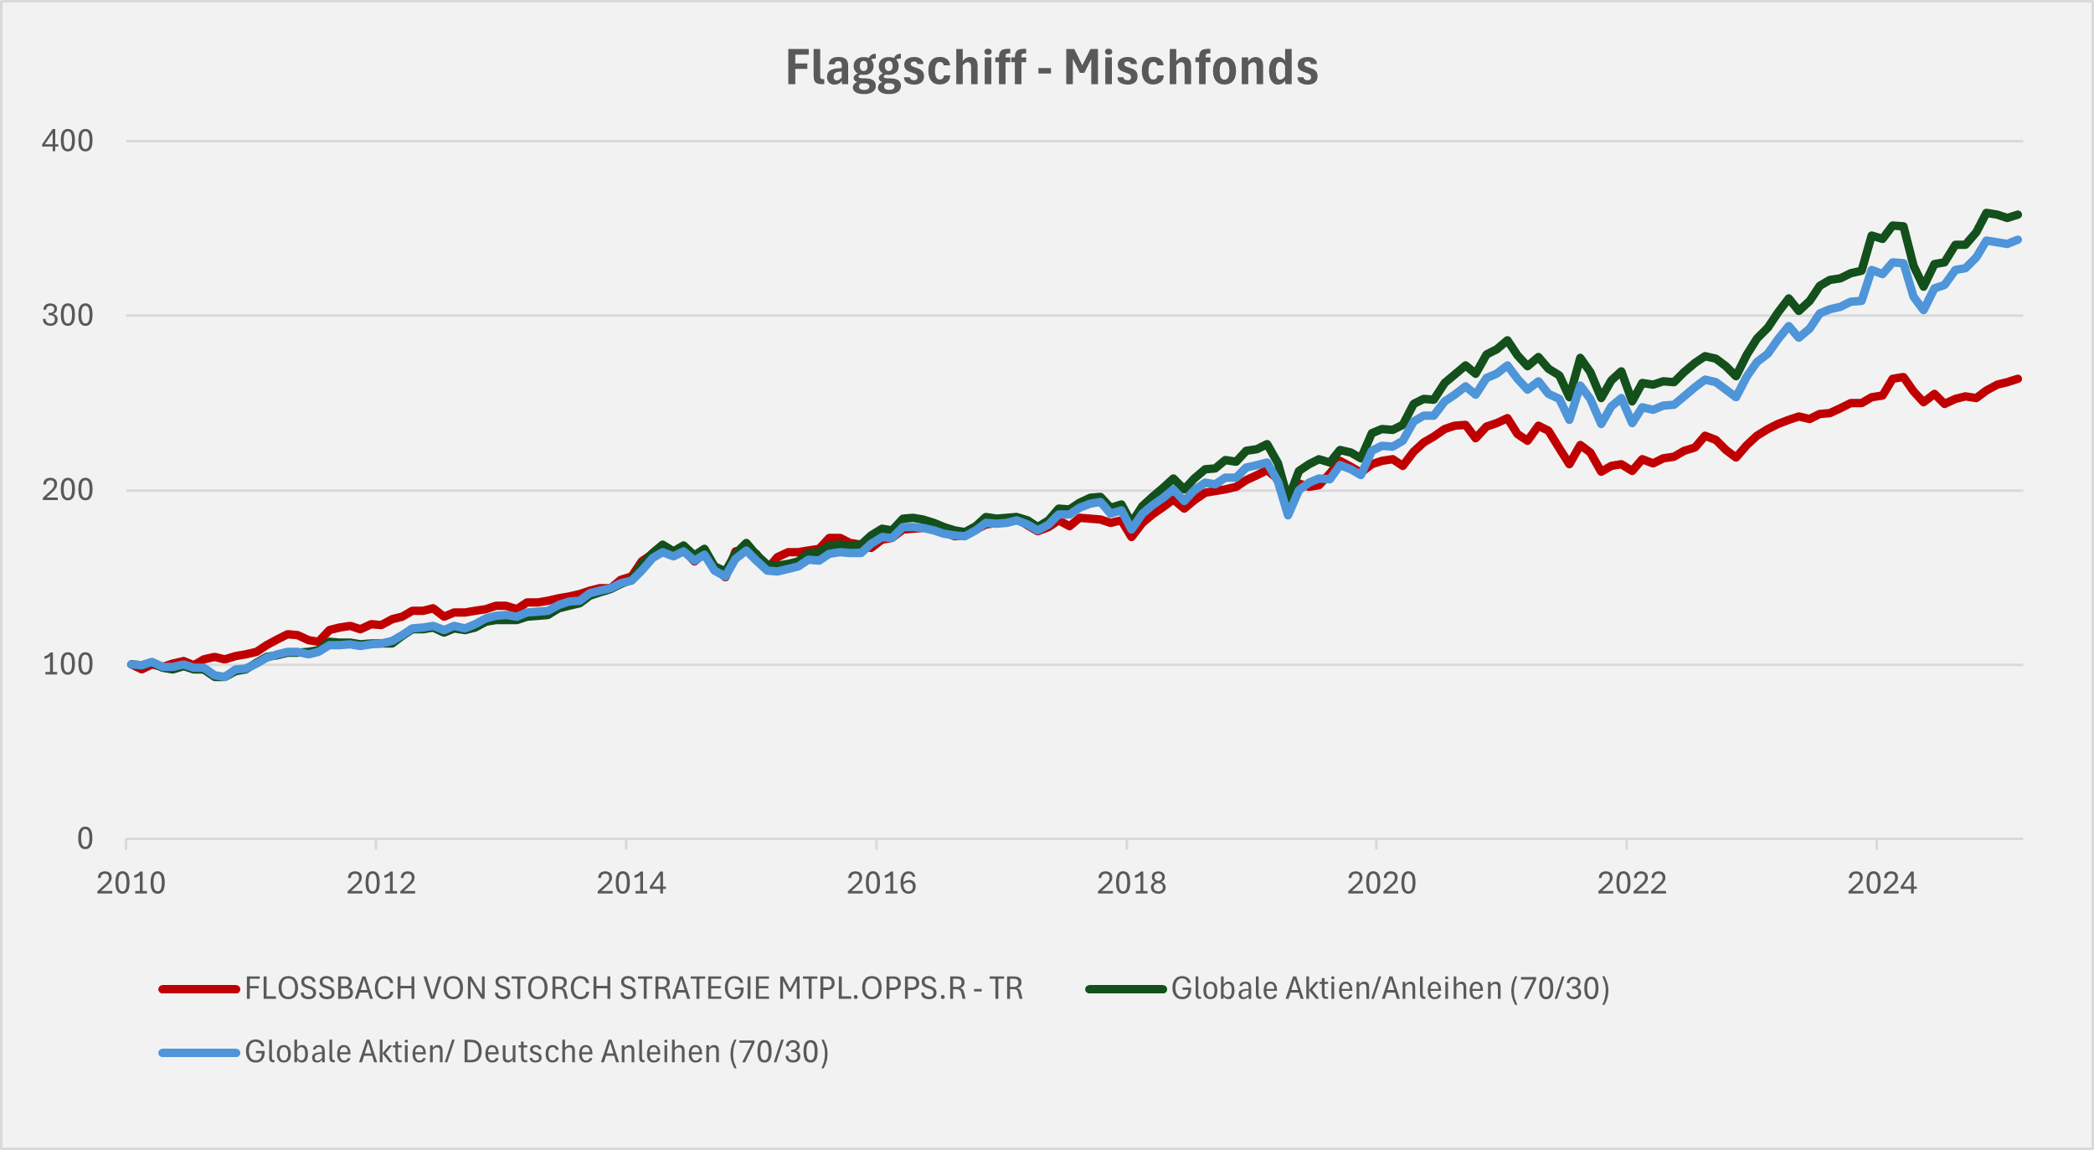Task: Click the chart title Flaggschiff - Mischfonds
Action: tap(1052, 67)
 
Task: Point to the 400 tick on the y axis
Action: tap(68, 141)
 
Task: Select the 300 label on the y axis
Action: tap(68, 316)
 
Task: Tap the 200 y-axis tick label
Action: tap(68, 490)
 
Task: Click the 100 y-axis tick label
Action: tap(68, 664)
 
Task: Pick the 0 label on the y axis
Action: tap(85, 838)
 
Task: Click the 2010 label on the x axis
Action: tap(131, 884)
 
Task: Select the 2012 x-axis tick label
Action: tap(381, 884)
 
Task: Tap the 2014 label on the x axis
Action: tap(630, 884)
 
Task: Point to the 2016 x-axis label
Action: tap(881, 884)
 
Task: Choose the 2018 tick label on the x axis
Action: tap(1131, 884)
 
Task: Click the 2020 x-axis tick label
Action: tap(1381, 884)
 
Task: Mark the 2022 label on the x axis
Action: tap(1632, 884)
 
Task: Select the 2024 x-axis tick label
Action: tap(1882, 884)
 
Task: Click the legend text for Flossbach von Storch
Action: tap(634, 989)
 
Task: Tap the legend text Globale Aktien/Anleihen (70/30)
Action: tap(1390, 989)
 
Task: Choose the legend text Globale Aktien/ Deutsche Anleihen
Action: tap(537, 1052)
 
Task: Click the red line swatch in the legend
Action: tap(199, 989)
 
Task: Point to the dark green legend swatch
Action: tap(1126, 989)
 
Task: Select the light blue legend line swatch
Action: tap(199, 1052)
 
